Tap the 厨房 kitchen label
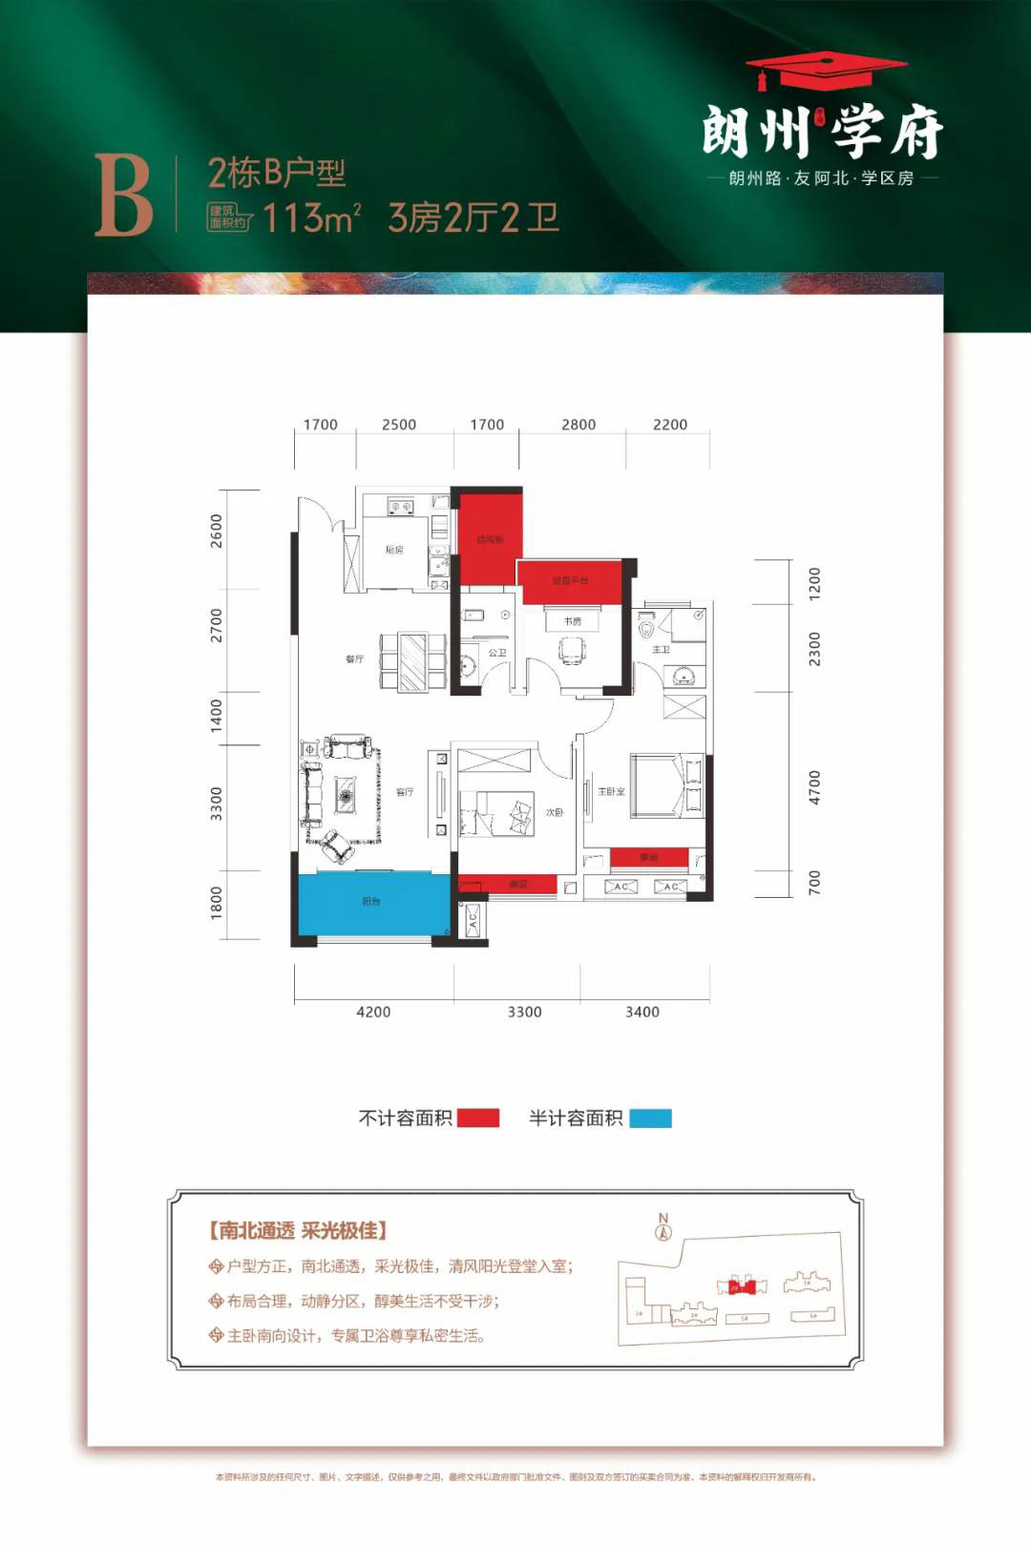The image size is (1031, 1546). (394, 550)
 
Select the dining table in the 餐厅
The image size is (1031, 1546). (413, 660)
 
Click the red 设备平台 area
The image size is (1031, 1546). (570, 581)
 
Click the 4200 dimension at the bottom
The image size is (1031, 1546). (373, 1012)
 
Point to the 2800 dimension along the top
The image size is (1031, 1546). (579, 425)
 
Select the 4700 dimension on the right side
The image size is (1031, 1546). (814, 787)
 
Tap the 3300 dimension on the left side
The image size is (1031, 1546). (217, 804)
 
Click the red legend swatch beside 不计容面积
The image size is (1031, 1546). (478, 1118)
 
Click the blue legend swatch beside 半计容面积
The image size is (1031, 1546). (650, 1118)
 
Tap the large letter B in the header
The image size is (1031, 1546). (123, 196)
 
